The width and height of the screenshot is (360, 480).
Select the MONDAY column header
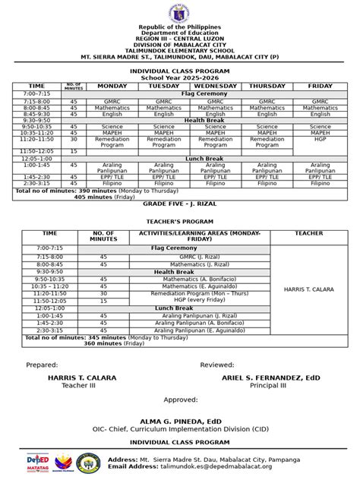[x=112, y=86]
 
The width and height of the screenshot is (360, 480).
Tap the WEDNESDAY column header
[x=215, y=86]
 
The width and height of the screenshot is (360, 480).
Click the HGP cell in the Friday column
[x=320, y=139]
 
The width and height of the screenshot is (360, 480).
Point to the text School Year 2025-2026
[x=179, y=77]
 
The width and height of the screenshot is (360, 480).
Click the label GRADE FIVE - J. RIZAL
[x=179, y=205]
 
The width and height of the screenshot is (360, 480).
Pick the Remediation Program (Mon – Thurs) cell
[x=199, y=293]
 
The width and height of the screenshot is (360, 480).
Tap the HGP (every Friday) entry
[x=199, y=300]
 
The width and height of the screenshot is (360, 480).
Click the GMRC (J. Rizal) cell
[x=199, y=257]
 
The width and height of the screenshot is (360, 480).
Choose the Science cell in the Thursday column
[x=267, y=127]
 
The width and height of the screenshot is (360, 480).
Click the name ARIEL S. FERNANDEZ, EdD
[x=270, y=377]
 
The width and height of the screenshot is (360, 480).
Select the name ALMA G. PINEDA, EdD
[x=179, y=420]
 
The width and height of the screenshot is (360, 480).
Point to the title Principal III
[x=270, y=385]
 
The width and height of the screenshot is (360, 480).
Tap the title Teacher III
[x=82, y=385]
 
